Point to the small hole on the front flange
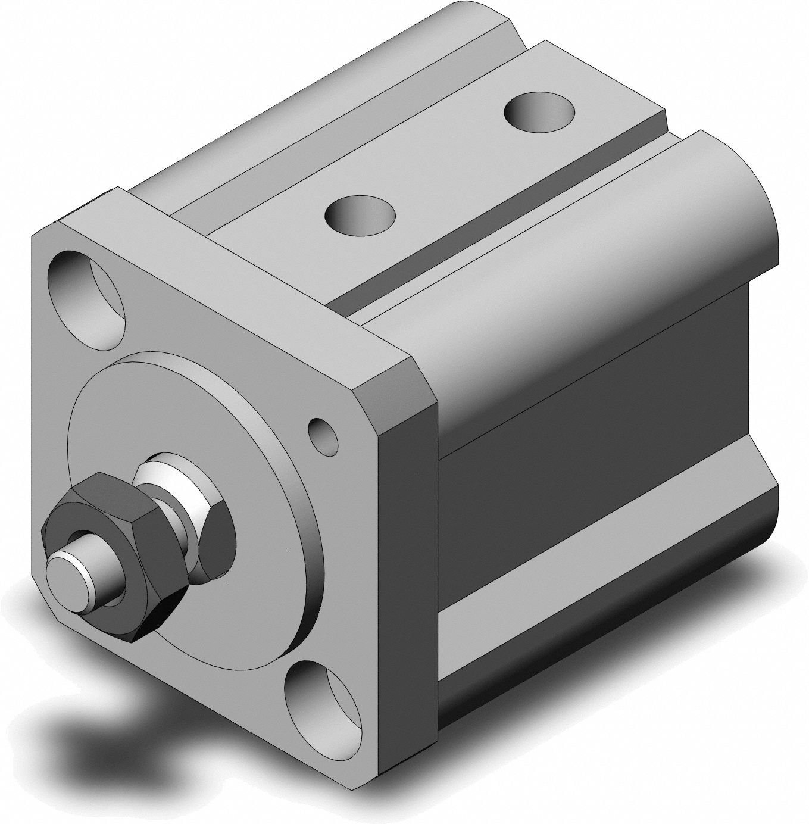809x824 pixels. pos(323,434)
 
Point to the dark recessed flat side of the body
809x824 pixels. pos(595,476)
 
